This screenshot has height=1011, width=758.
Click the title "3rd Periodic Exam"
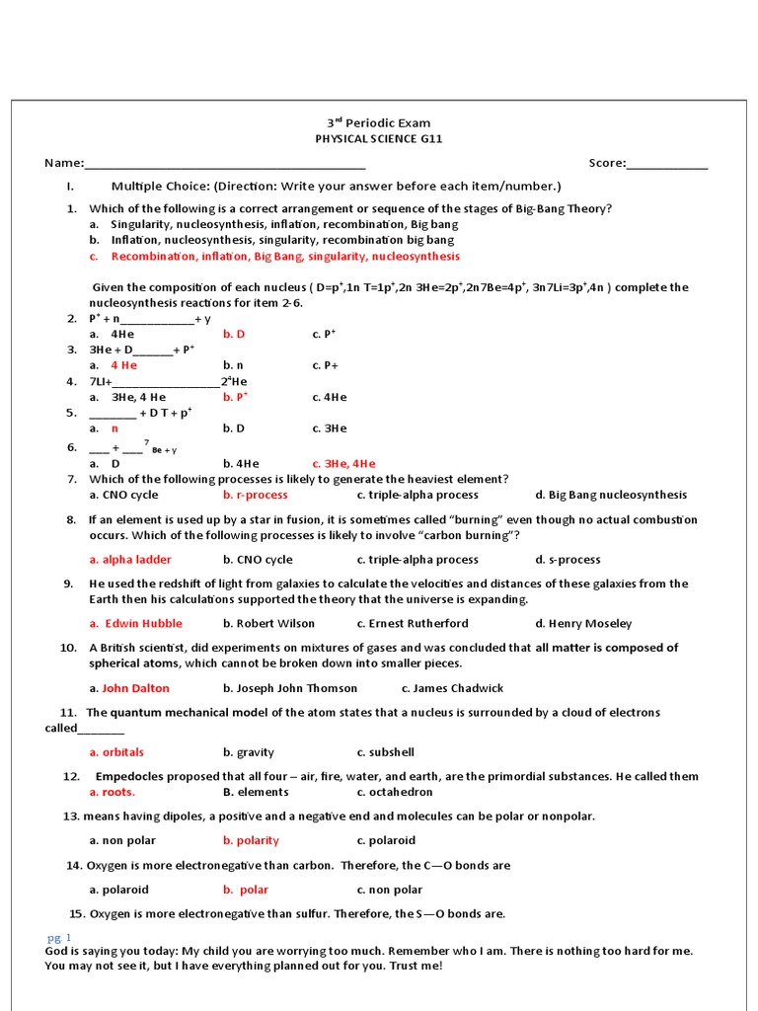(379, 123)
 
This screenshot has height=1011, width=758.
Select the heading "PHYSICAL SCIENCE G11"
(379, 139)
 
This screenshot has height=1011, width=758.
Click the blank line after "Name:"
(225, 164)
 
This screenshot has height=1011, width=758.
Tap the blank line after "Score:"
(667, 164)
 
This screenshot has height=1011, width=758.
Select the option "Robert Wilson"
(268, 623)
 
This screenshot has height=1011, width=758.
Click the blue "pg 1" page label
(59, 936)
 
